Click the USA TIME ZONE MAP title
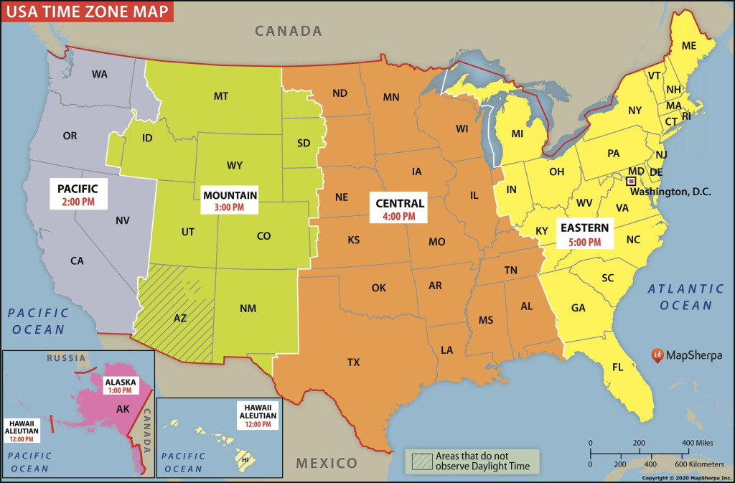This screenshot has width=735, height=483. pyautogui.click(x=87, y=11)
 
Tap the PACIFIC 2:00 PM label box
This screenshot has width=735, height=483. pyautogui.click(x=78, y=194)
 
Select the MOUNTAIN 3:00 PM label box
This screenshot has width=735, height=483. pyautogui.click(x=230, y=200)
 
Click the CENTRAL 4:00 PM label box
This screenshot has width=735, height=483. pyautogui.click(x=400, y=207)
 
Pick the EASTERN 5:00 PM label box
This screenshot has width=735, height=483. pyautogui.click(x=584, y=234)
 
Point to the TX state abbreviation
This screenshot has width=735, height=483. pyautogui.click(x=353, y=362)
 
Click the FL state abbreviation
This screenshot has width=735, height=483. pyautogui.click(x=617, y=367)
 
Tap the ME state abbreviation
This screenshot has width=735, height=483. pyautogui.click(x=689, y=46)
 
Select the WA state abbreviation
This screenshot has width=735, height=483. pyautogui.click(x=100, y=74)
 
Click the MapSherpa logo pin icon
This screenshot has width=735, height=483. pyautogui.click(x=656, y=355)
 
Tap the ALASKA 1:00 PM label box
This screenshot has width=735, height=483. pyautogui.click(x=119, y=386)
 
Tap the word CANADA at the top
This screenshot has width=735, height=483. pyautogui.click(x=289, y=31)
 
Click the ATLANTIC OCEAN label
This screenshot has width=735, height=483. pyautogui.click(x=685, y=296)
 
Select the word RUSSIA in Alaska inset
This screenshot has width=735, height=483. pyautogui.click(x=66, y=357)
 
